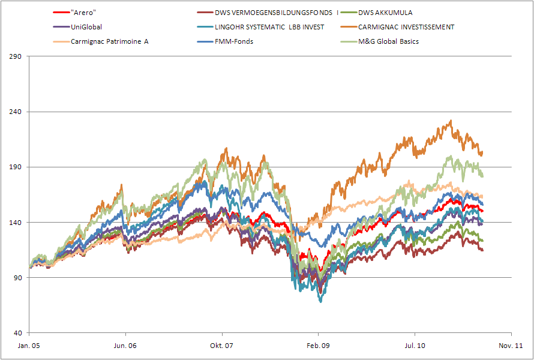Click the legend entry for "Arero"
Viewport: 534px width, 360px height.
(x=83, y=13)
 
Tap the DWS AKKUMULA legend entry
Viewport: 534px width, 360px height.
(x=385, y=13)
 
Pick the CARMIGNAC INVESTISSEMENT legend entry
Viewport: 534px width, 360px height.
(x=406, y=27)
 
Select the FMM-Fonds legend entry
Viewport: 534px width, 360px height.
(x=235, y=41)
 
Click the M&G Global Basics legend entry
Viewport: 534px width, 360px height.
(x=388, y=41)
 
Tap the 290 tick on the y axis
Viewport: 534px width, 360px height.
(x=16, y=56)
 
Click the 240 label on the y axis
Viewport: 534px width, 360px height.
(x=16, y=112)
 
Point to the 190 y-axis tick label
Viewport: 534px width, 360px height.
(x=16, y=167)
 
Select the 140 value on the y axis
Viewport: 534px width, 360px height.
(x=16, y=223)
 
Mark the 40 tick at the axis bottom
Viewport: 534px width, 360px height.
(x=18, y=333)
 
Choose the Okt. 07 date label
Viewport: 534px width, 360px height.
(x=222, y=346)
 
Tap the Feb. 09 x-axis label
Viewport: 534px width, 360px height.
(x=318, y=346)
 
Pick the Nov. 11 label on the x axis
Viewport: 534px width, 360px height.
(x=511, y=346)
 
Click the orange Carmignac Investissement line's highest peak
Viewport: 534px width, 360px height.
(x=450, y=121)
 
